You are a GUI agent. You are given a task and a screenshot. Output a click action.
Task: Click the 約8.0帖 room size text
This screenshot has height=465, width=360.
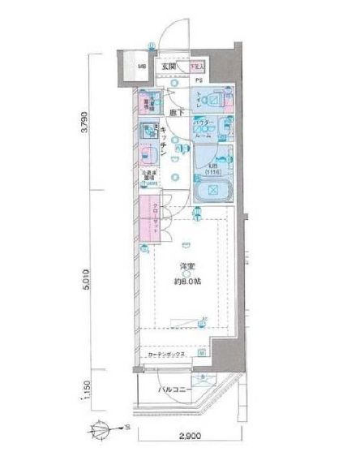click(x=186, y=282)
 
